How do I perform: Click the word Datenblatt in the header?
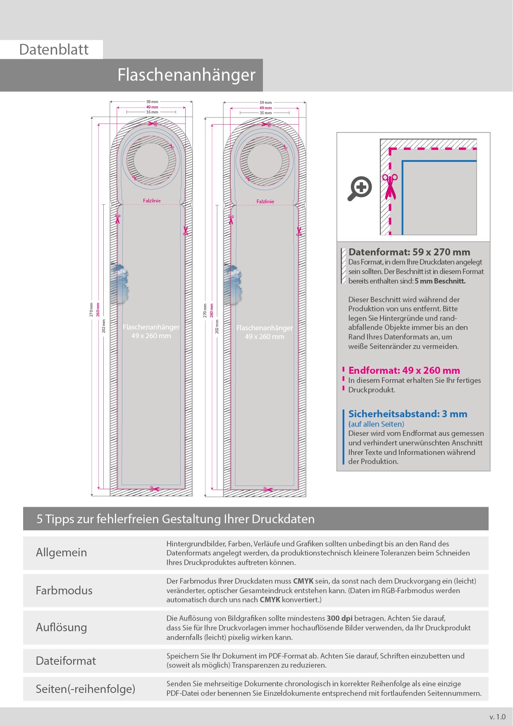pyautogui.click(x=54, y=50)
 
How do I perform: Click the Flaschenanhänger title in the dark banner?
pyautogui.click(x=186, y=75)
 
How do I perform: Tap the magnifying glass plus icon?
pyautogui.click(x=360, y=188)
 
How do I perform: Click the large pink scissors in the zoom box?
pyautogui.click(x=390, y=187)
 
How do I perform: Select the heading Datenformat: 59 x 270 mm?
pyautogui.click(x=409, y=252)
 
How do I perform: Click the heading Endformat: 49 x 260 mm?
pyautogui.click(x=404, y=370)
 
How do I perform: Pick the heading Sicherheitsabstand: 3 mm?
pyautogui.click(x=408, y=414)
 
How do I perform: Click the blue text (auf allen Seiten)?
pyautogui.click(x=376, y=424)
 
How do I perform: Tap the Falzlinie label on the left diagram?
pyautogui.click(x=152, y=201)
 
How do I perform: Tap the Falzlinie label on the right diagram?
pyautogui.click(x=265, y=202)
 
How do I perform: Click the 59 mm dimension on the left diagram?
pyautogui.click(x=152, y=101)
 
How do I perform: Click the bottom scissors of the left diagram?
pyautogui.click(x=154, y=489)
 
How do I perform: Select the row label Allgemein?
pyautogui.click(x=61, y=553)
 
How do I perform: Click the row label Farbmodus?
pyautogui.click(x=64, y=590)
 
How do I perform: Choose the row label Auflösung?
pyautogui.click(x=61, y=627)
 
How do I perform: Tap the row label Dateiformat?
pyautogui.click(x=66, y=661)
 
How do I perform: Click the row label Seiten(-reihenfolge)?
pyautogui.click(x=86, y=689)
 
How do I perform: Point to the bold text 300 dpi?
pyautogui.click(x=339, y=618)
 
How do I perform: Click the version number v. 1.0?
pyautogui.click(x=497, y=717)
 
